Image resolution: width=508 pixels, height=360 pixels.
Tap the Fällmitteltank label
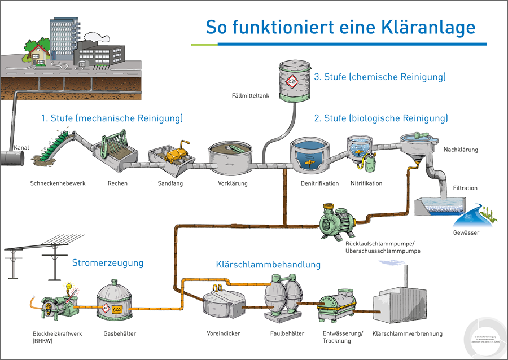[x=251, y=96]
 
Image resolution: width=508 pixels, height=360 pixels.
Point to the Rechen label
[x=117, y=183]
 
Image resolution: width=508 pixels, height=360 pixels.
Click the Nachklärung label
[x=461, y=150]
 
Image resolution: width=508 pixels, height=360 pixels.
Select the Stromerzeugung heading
[x=107, y=263]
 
